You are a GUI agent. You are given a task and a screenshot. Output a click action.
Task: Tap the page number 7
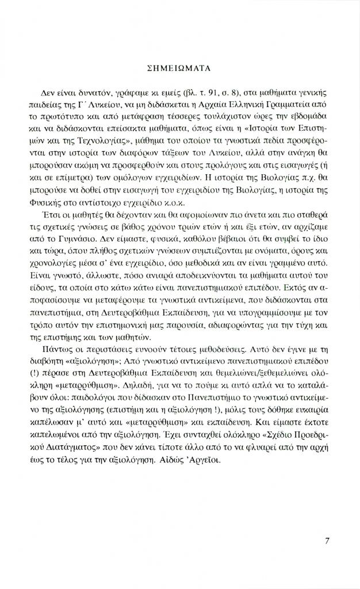click(327, 540)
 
